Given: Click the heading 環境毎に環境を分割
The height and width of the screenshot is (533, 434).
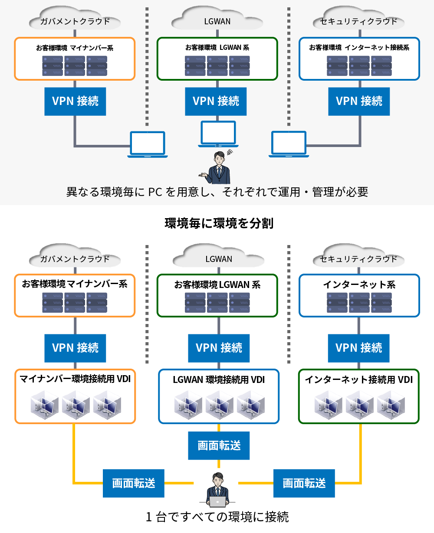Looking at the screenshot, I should tap(219, 223).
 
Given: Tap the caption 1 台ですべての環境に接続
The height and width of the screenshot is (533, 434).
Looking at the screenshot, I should tap(217, 517).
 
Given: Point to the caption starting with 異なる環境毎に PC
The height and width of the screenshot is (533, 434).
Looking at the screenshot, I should tap(217, 192).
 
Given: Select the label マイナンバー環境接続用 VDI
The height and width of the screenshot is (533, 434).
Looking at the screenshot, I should tap(75, 379).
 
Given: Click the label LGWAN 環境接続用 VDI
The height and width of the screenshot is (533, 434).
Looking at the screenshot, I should tap(219, 379).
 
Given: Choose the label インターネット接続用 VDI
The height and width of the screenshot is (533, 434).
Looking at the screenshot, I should tap(358, 379).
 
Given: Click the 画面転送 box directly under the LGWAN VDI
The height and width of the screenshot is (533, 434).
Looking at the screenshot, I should tap(219, 445).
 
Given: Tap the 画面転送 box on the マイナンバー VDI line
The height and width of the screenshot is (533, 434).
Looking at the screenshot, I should tap(134, 483).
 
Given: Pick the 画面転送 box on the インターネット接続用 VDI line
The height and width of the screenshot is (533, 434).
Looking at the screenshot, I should tap(304, 483).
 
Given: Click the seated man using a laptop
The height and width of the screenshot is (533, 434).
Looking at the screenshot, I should tap(217, 490).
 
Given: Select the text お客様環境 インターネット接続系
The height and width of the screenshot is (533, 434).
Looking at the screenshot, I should tap(359, 47).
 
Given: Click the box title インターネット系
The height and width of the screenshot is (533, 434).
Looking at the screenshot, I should tap(359, 284).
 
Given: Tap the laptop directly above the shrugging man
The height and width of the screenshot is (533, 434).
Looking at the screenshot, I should tap(218, 134).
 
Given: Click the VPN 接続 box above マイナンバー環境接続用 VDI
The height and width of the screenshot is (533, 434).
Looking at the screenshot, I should tap(75, 348).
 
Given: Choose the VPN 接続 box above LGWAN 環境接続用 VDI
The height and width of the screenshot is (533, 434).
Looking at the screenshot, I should tap(219, 348).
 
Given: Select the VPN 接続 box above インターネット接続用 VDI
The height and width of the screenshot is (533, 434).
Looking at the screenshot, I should tap(358, 348).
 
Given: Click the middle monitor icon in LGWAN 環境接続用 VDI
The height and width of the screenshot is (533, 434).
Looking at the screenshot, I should tap(219, 405).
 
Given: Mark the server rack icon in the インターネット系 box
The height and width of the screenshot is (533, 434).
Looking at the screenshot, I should tap(359, 303).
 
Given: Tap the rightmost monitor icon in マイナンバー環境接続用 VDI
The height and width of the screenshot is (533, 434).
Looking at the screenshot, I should tap(107, 405).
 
